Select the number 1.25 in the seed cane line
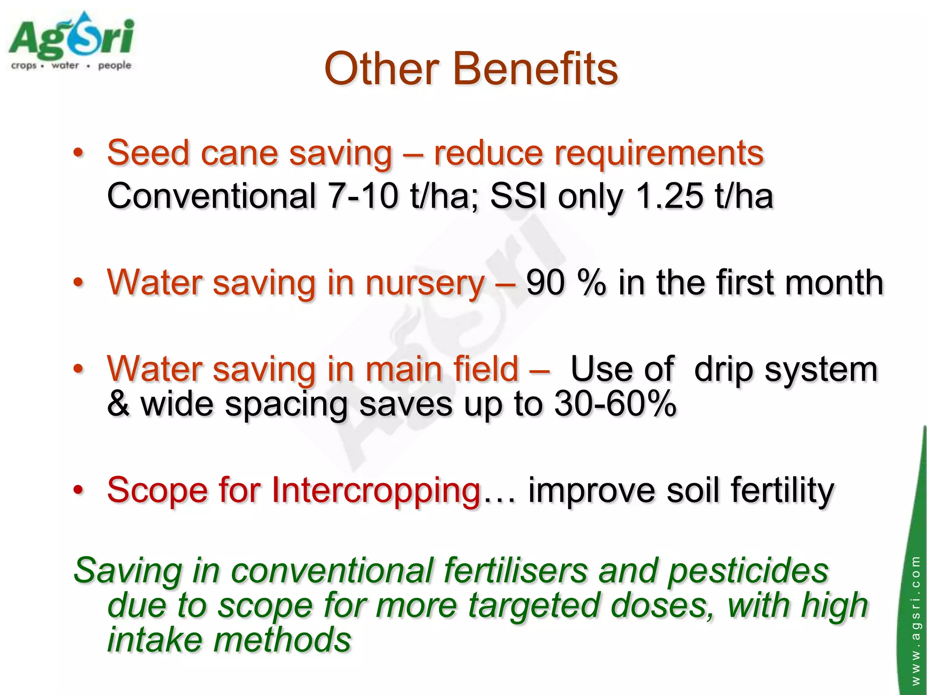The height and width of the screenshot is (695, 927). click(x=670, y=196)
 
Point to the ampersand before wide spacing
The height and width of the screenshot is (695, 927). click(x=118, y=404)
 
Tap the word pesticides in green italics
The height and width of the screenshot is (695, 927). click(x=748, y=571)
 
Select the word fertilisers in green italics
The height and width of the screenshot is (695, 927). click(x=515, y=571)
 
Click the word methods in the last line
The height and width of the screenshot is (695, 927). click(x=282, y=640)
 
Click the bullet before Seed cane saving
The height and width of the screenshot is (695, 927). click(x=78, y=153)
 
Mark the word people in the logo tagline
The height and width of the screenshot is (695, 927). click(x=115, y=66)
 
